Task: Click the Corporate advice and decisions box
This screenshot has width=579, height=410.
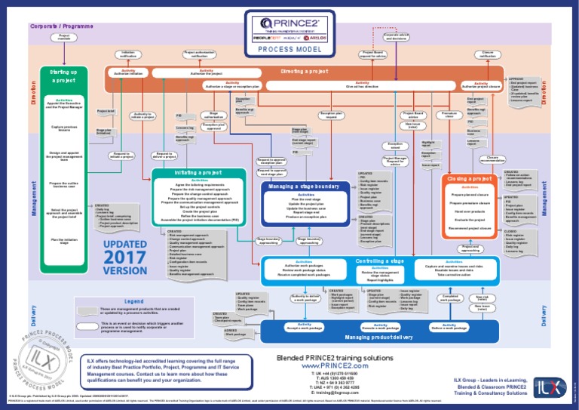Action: pyautogui.click(x=397, y=35)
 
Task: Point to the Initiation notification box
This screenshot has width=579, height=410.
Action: pyautogui.click(x=127, y=54)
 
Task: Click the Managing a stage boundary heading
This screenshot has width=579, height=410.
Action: pyautogui.click(x=303, y=186)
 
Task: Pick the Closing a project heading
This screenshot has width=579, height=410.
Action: pyautogui.click(x=470, y=178)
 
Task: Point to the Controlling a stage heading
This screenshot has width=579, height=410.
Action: pyautogui.click(x=380, y=260)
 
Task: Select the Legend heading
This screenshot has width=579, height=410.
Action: pyautogui.click(x=133, y=301)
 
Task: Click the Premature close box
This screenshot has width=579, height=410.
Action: pyautogui.click(x=449, y=115)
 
